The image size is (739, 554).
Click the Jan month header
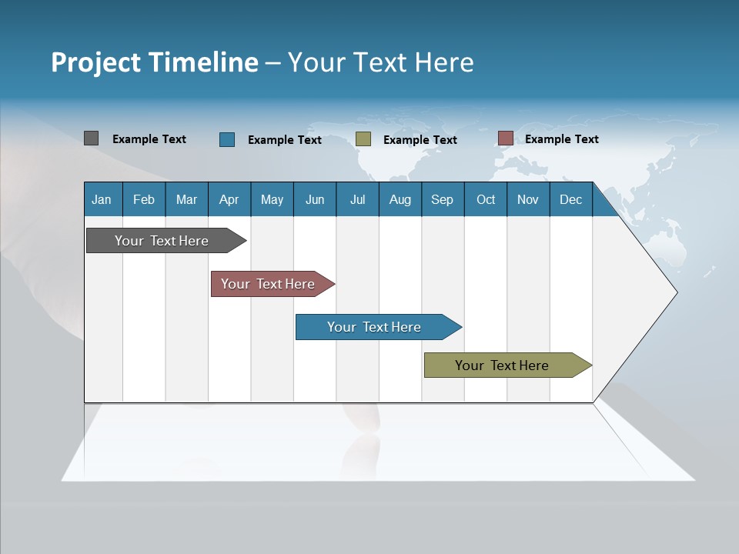click(102, 199)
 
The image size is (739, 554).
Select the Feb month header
click(144, 199)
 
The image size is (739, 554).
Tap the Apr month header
click(229, 199)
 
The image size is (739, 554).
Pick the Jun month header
click(315, 199)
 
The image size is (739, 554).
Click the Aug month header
click(400, 199)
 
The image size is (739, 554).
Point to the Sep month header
click(442, 199)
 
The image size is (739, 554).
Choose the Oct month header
click(486, 199)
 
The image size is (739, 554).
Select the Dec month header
click(570, 199)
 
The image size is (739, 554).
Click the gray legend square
click(91, 138)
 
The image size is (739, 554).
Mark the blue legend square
click(227, 139)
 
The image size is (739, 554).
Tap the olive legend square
click(363, 139)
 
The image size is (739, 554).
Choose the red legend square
click(505, 138)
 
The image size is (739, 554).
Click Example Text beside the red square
click(561, 139)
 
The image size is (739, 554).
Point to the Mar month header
click(186, 199)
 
